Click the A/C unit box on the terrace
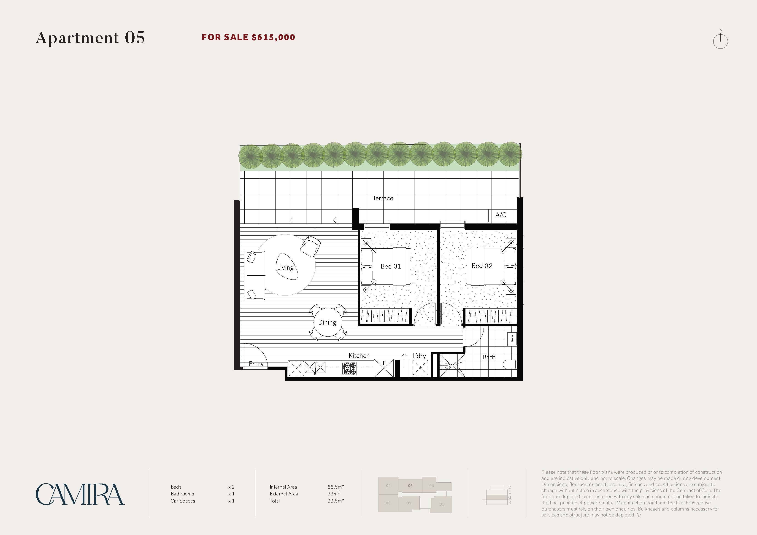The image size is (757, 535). [501, 215]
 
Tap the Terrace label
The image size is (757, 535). [383, 198]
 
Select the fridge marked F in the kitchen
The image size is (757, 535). [384, 368]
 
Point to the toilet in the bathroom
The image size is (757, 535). [510, 364]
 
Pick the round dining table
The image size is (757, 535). [327, 322]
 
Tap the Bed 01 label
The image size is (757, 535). [391, 266]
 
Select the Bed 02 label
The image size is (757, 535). [482, 266]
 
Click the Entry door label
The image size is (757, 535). [256, 364]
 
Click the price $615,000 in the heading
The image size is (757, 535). [273, 37]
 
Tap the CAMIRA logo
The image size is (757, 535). [80, 494]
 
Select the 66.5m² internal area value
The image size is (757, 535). [336, 487]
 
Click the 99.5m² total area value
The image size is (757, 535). [336, 501]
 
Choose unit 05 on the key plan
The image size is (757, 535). [410, 486]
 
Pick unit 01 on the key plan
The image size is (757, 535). [441, 504]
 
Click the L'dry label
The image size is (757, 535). [419, 356]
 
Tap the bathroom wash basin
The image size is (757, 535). [512, 339]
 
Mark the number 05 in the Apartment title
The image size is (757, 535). [135, 38]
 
